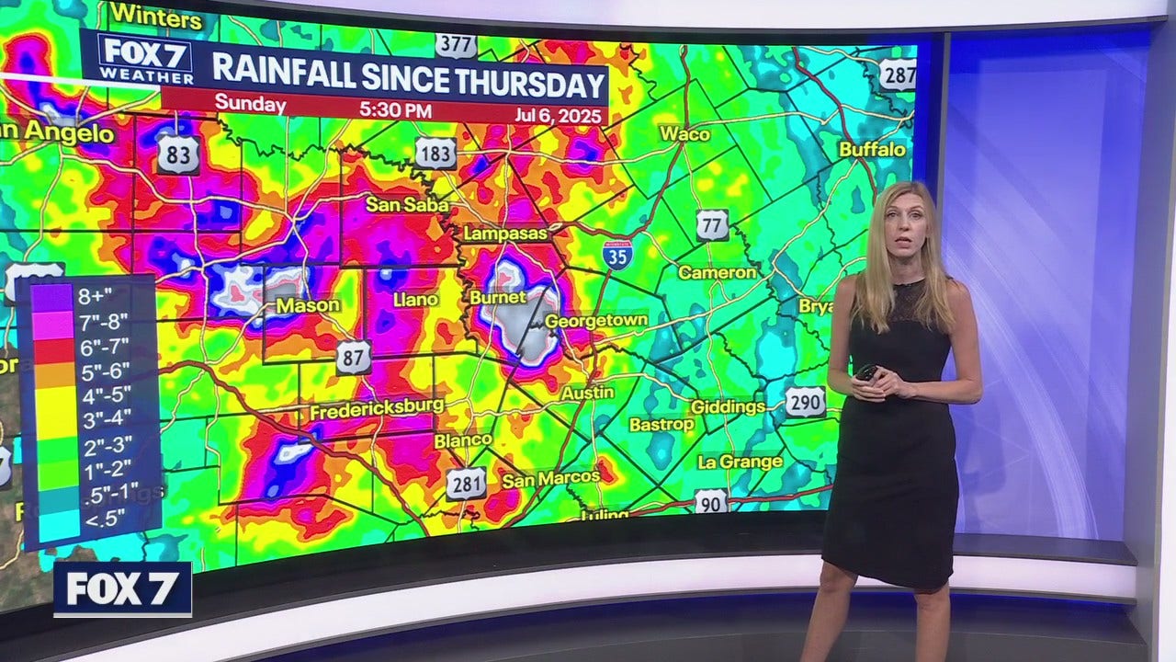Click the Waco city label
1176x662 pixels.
(684, 134)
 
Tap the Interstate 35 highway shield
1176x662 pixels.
(617, 254)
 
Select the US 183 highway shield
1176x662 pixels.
(435, 153)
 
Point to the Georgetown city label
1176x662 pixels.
(596, 321)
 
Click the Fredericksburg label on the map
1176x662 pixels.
(377, 409)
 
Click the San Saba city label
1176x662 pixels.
(406, 204)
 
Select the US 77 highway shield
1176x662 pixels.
(712, 224)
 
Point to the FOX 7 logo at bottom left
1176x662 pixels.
(122, 588)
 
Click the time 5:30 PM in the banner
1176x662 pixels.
(395, 109)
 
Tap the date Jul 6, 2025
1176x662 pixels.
(557, 115)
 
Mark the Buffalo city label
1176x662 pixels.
(872, 149)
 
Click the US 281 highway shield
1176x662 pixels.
(466, 483)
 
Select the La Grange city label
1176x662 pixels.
(740, 462)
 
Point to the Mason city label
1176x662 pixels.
(308, 304)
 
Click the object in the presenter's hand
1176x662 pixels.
(867, 371)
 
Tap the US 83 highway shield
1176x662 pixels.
(177, 155)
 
